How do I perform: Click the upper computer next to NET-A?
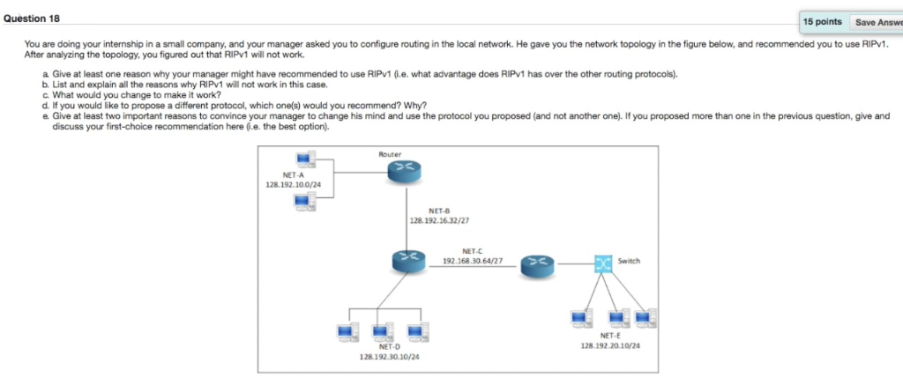point(306,159)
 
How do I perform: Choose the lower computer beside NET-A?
point(306,203)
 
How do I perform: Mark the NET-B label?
point(438,211)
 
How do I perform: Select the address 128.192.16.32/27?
point(438,221)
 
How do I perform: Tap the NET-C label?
point(473,252)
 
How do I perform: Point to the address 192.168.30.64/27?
point(473,262)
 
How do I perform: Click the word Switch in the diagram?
point(629,261)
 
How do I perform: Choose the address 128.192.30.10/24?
point(389,358)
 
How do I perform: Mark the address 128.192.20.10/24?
point(610,346)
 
